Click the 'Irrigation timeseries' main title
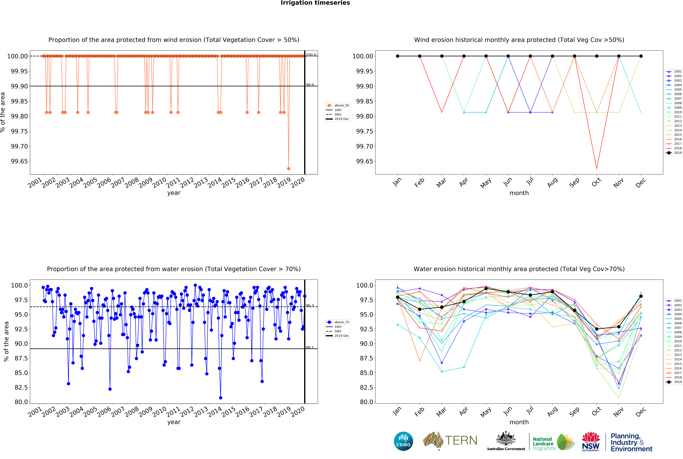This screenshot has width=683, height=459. pos(315,3)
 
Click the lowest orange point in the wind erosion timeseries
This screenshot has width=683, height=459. pos(289,169)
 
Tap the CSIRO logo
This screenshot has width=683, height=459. pos(403,441)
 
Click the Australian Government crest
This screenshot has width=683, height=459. pos(506,438)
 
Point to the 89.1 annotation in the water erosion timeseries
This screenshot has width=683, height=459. pos(310,348)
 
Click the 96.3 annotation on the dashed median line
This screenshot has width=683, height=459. pos(310,306)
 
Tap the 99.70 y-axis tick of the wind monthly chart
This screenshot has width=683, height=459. pos(364,146)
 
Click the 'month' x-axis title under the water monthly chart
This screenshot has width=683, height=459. pos(519,422)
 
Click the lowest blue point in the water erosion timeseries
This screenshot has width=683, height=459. pos(220,398)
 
